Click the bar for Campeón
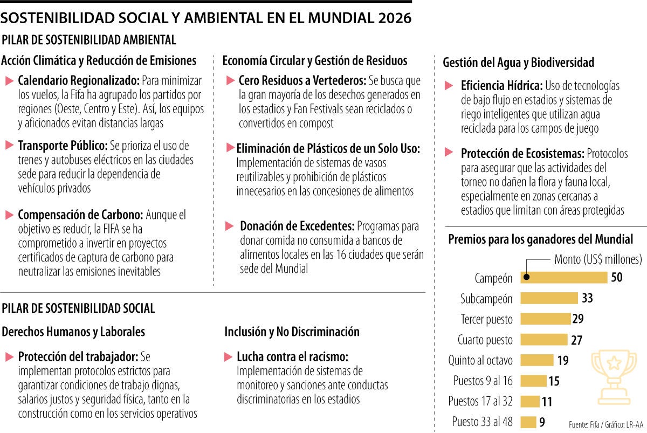(x=563, y=278)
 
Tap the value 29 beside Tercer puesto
(x=578, y=319)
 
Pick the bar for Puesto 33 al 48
(x=528, y=422)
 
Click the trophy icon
(x=614, y=376)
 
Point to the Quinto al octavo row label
(x=480, y=360)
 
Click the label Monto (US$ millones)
(x=598, y=259)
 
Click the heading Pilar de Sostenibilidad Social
(x=79, y=308)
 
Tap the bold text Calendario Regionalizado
(x=79, y=81)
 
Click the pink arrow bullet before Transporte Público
(x=9, y=146)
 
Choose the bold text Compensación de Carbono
(x=80, y=215)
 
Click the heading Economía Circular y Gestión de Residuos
(x=315, y=60)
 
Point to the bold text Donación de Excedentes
(x=297, y=226)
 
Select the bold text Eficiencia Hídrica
(x=501, y=86)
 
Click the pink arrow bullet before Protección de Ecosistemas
(x=449, y=153)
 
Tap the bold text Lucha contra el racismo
(x=292, y=357)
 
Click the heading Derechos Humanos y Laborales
(x=73, y=332)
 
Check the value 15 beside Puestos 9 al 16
(x=554, y=381)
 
